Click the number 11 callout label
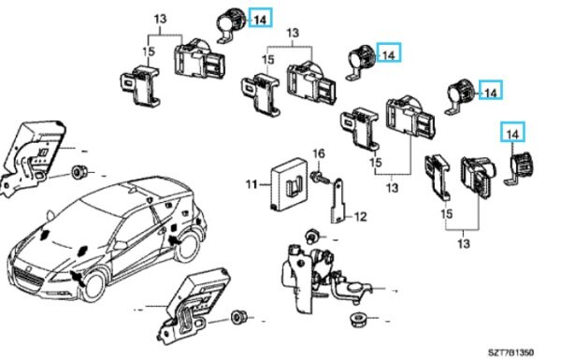[251, 185]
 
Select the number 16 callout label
[319, 153]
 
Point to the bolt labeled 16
[321, 174]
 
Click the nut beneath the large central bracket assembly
[354, 321]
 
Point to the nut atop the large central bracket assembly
[312, 234]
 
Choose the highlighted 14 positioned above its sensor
[511, 135]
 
